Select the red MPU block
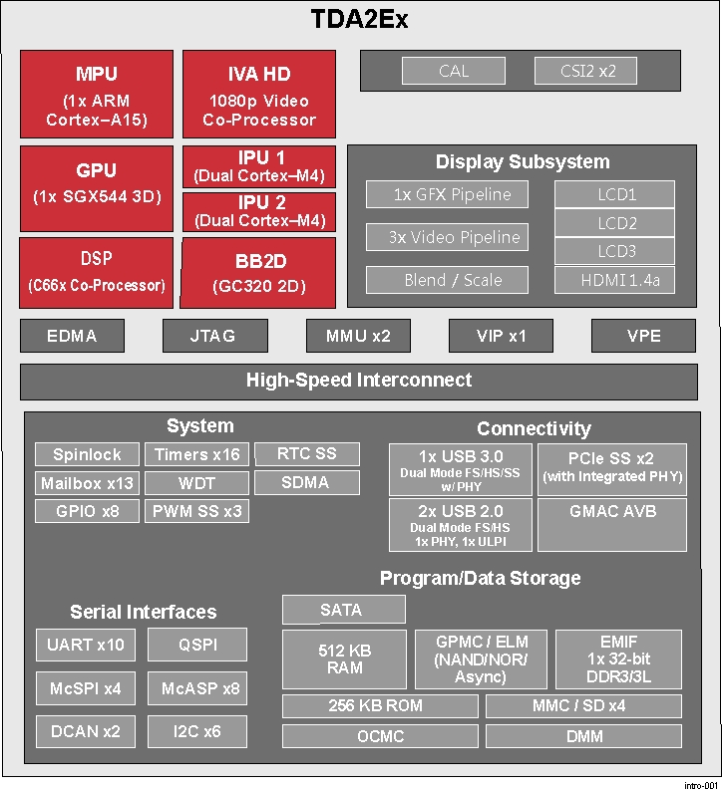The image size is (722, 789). click(x=97, y=96)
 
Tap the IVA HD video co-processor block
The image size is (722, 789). click(x=259, y=96)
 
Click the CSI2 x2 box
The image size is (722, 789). click(x=585, y=71)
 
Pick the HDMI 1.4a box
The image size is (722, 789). click(x=614, y=280)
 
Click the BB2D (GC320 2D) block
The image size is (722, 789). click(x=258, y=274)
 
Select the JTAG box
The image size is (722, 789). click(x=213, y=336)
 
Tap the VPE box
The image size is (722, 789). click(x=643, y=336)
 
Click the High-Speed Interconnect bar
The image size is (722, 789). click(x=359, y=381)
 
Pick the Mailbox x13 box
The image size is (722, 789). click(x=87, y=483)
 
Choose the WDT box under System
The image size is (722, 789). click(x=196, y=483)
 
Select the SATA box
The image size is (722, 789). click(x=343, y=610)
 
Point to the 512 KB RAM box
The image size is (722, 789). click(x=344, y=658)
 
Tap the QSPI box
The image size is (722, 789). click(x=197, y=645)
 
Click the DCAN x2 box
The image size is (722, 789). click(x=86, y=731)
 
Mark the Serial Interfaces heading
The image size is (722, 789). click(x=143, y=612)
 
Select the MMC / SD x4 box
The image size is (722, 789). click(x=584, y=706)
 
